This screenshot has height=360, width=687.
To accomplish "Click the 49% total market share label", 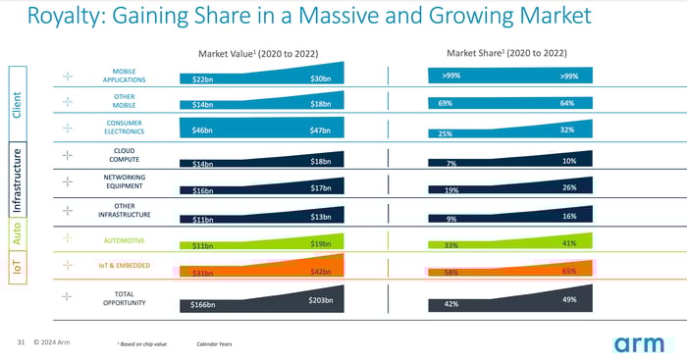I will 569,299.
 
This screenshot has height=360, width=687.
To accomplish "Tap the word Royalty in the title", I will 60,17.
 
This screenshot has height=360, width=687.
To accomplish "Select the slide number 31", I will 21,343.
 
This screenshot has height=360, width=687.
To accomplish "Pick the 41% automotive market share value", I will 569,242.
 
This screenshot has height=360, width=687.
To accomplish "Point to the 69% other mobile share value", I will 446,102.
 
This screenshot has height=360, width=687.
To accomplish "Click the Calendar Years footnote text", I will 215,344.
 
